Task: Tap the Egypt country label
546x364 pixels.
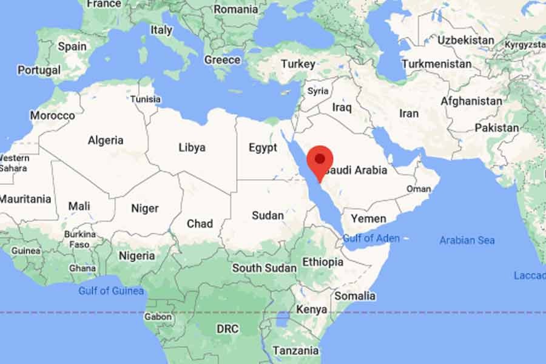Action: tap(263, 147)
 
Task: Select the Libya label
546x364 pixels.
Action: tap(192, 147)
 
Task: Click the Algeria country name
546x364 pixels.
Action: tap(106, 140)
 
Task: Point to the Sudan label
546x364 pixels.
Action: tap(268, 215)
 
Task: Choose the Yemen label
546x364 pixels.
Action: tap(368, 218)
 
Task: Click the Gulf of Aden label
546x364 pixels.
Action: tap(371, 238)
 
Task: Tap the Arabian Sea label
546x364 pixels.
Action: tap(467, 240)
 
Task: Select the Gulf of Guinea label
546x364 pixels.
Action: tap(111, 291)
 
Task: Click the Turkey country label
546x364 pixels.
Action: tap(298, 64)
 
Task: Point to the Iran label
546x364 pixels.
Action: tap(409, 113)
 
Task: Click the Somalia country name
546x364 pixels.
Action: tap(355, 296)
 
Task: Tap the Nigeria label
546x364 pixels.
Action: tap(136, 255)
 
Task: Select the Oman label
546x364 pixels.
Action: tap(419, 189)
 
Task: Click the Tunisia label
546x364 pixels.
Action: tap(146, 99)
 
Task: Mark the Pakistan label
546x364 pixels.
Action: tap(497, 128)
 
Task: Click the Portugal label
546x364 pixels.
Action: tap(39, 70)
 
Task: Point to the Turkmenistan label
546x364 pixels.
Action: tap(436, 64)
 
